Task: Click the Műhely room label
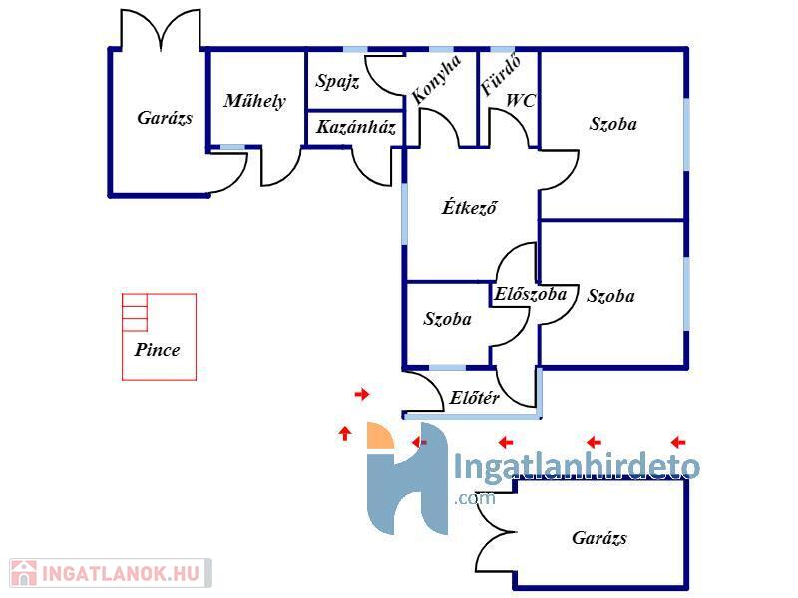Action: tap(254, 100)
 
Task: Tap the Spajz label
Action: tap(337, 81)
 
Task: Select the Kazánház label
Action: tap(357, 128)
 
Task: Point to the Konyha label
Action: tap(436, 81)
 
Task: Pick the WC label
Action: tap(521, 100)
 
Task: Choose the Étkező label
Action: tap(469, 208)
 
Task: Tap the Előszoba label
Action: tap(530, 294)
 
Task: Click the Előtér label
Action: tap(475, 398)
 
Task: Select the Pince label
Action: tap(158, 350)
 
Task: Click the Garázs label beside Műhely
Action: tap(165, 118)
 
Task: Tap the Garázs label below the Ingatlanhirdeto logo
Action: tap(599, 538)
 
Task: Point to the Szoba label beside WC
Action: tap(612, 125)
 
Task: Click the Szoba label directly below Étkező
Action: tap(448, 320)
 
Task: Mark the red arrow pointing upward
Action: tap(345, 433)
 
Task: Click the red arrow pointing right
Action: tap(362, 395)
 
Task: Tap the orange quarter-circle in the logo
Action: tap(380, 436)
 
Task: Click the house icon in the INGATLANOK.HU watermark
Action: tap(23, 573)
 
